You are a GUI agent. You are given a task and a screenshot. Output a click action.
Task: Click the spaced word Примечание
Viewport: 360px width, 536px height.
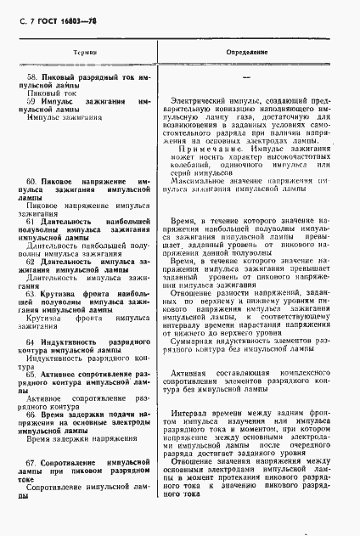click(x=205, y=149)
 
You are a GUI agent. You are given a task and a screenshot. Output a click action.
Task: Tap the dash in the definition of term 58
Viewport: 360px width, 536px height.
click(x=245, y=78)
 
